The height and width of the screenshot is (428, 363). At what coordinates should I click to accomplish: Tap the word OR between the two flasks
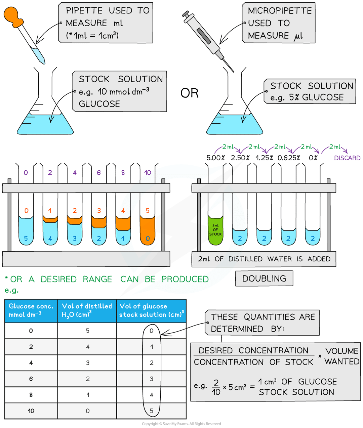(190, 93)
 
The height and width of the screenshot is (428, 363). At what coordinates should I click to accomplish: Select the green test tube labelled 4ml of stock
(215, 230)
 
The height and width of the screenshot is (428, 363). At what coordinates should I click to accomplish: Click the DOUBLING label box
(264, 279)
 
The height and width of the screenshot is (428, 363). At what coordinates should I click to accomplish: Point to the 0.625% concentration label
(289, 158)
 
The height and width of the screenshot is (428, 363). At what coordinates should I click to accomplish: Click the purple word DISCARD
(347, 158)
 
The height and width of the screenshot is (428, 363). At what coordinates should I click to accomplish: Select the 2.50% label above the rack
(240, 158)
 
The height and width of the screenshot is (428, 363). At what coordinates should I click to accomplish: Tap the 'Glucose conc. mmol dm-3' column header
(31, 310)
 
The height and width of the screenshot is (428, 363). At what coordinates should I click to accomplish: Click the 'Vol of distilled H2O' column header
(87, 310)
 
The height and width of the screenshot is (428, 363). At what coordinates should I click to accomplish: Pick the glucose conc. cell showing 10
(31, 411)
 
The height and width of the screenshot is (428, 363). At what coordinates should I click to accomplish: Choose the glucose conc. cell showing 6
(31, 379)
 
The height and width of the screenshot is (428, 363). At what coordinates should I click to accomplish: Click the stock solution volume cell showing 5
(152, 411)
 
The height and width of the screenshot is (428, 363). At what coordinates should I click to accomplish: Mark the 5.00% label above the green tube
(215, 158)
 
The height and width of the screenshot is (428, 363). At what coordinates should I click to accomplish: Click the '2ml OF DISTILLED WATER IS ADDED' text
(264, 259)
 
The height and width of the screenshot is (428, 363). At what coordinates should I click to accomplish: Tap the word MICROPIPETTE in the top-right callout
(280, 11)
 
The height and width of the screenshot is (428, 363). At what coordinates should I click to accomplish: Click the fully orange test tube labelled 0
(148, 232)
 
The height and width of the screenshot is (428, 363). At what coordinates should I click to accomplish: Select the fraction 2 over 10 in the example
(216, 387)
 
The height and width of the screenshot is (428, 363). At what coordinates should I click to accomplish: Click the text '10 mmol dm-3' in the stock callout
(123, 91)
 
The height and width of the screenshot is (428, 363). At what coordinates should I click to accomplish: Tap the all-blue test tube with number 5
(26, 232)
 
